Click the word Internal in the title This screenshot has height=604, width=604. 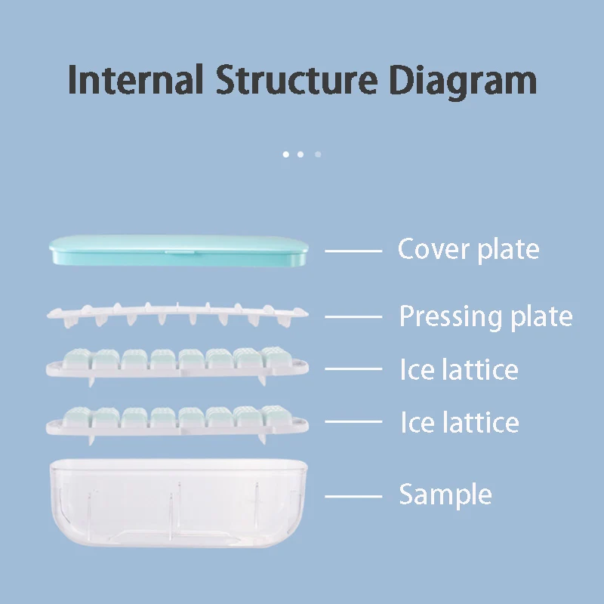point(135,81)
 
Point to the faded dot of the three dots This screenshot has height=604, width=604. point(318,154)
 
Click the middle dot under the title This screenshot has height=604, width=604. point(300,154)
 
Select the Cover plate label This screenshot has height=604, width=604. point(468,249)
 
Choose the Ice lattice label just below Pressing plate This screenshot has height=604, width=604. point(459,370)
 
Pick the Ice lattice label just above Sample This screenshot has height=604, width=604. point(459,423)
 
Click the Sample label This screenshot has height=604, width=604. point(445,495)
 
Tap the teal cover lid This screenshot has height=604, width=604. point(178,250)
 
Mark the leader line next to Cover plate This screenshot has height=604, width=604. point(353,250)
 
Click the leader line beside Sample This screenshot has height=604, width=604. point(353,496)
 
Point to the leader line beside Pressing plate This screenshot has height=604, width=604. point(353,317)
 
